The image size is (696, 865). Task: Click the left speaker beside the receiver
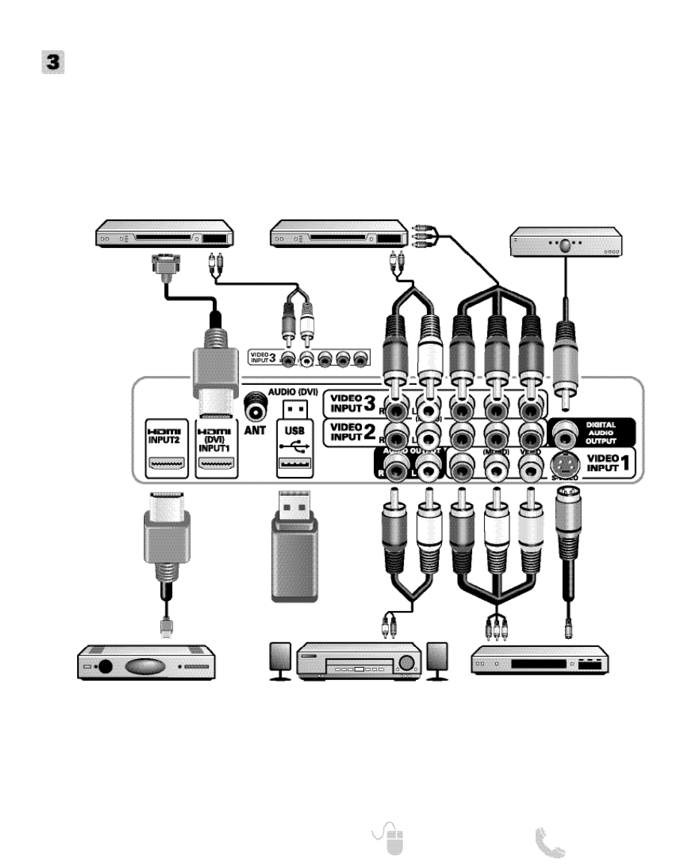tap(280, 659)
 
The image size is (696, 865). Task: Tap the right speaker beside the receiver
tap(437, 659)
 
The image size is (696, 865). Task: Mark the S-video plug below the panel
tap(568, 524)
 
